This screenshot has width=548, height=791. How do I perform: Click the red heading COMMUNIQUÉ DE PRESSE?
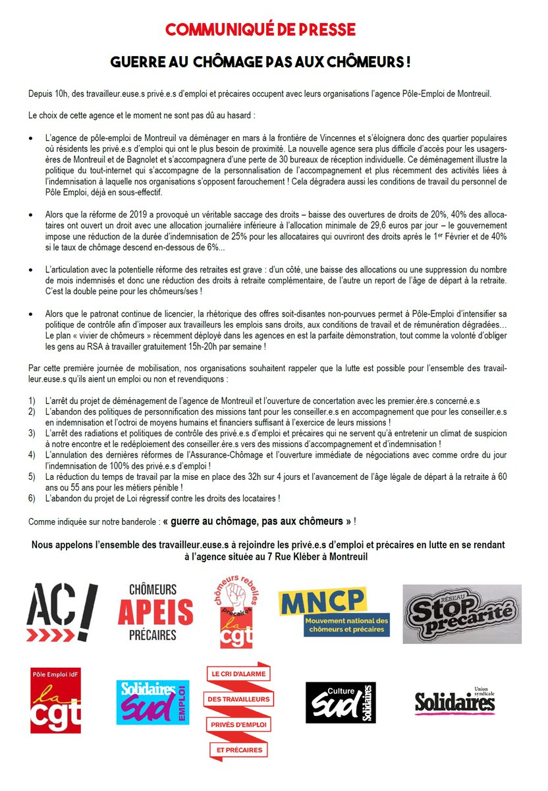[260, 30]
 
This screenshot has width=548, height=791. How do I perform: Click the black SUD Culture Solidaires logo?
[341, 702]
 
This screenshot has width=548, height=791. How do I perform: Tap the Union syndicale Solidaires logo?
[454, 701]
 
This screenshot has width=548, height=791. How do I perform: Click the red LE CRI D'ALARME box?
[239, 674]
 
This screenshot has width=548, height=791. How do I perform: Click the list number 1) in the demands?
[32, 401]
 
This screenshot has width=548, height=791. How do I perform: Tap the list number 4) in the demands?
[32, 455]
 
